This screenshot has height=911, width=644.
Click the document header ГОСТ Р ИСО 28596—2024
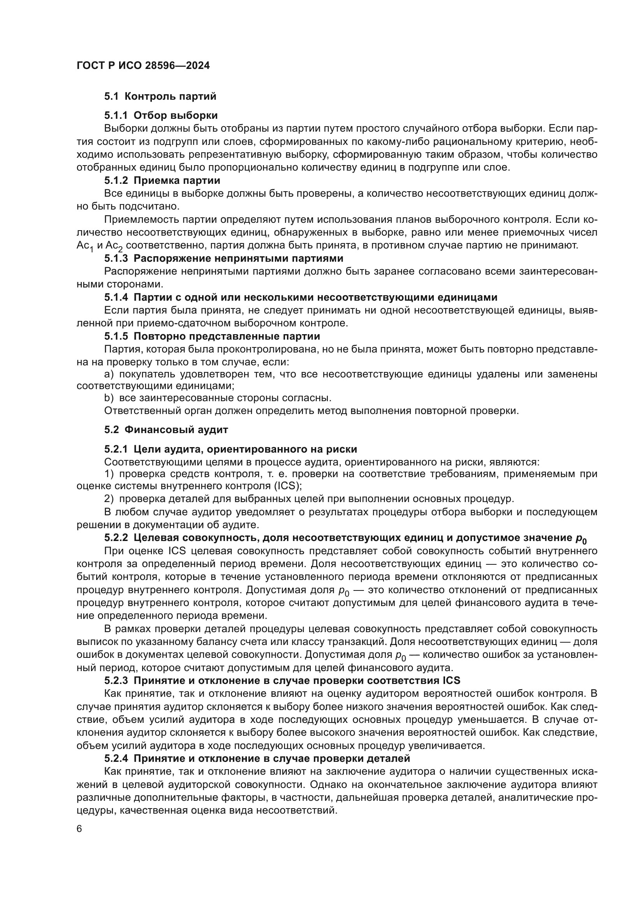[143, 65]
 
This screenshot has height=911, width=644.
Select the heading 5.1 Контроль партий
[160, 96]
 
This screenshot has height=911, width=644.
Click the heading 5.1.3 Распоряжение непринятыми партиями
[223, 258]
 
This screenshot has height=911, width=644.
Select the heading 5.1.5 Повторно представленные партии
[212, 336]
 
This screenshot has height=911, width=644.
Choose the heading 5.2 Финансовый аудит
[166, 430]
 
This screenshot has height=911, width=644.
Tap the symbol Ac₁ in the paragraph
[84, 246]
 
